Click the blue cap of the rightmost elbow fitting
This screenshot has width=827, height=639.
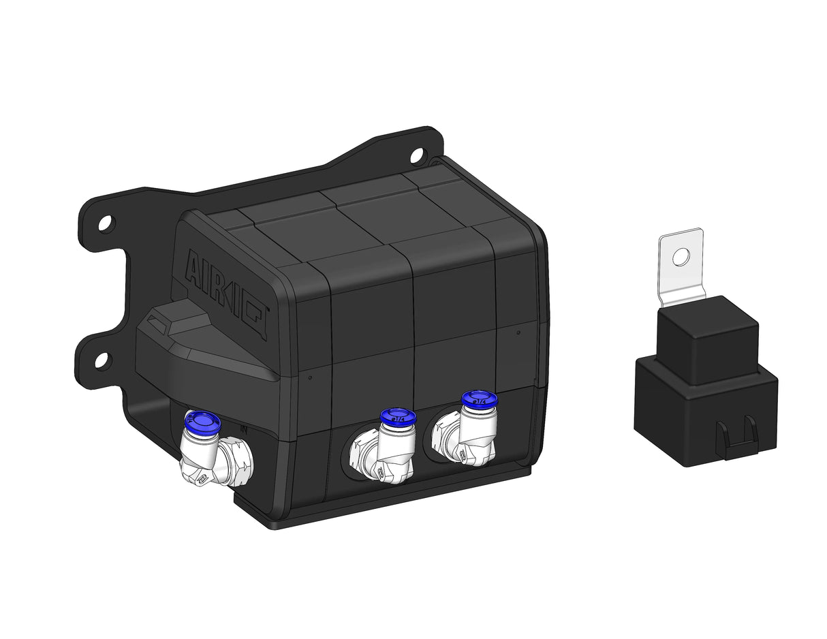(479, 399)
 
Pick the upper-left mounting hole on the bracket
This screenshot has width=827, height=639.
(106, 223)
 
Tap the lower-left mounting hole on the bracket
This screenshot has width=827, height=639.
(102, 360)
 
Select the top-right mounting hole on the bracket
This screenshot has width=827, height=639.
(416, 155)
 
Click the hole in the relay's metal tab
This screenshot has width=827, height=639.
(680, 257)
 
